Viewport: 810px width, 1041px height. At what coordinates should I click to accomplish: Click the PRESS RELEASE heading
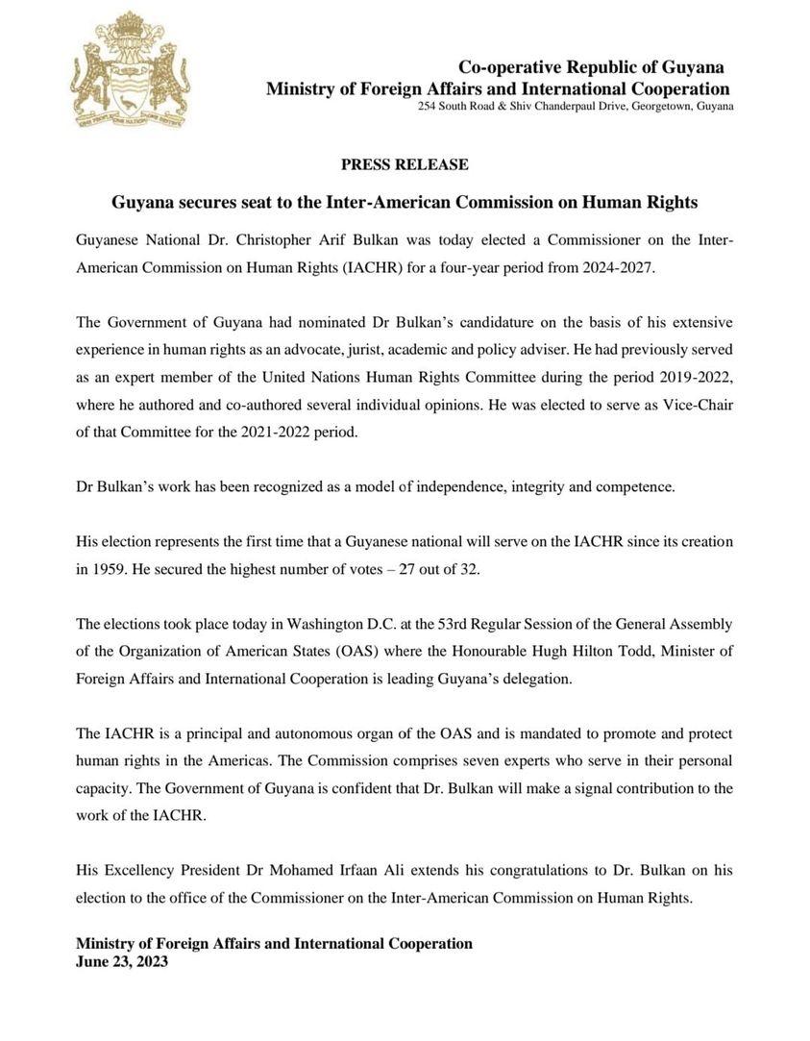coord(405,164)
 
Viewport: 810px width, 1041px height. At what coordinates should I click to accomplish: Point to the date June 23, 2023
coord(121,960)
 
